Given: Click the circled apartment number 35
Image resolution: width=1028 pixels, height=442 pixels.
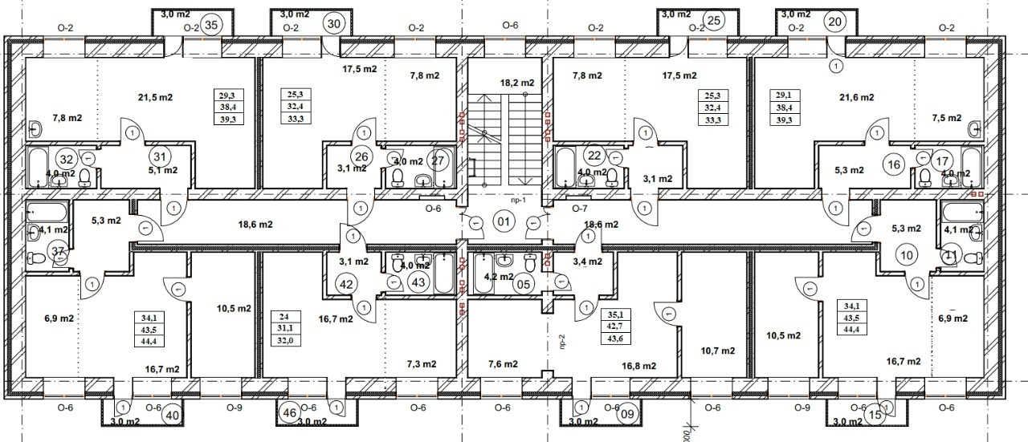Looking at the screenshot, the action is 212,24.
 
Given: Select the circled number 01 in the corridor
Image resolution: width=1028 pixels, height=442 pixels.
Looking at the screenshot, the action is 504,221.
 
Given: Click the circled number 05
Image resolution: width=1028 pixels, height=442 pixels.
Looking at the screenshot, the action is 524,283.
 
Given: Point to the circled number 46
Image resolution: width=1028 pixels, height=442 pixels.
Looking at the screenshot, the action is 291,413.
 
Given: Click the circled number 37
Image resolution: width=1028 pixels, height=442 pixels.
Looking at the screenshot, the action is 58,252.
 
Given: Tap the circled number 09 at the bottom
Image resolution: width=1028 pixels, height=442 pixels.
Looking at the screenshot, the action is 627,415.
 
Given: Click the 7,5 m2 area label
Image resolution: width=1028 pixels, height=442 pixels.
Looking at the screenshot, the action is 946,118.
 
